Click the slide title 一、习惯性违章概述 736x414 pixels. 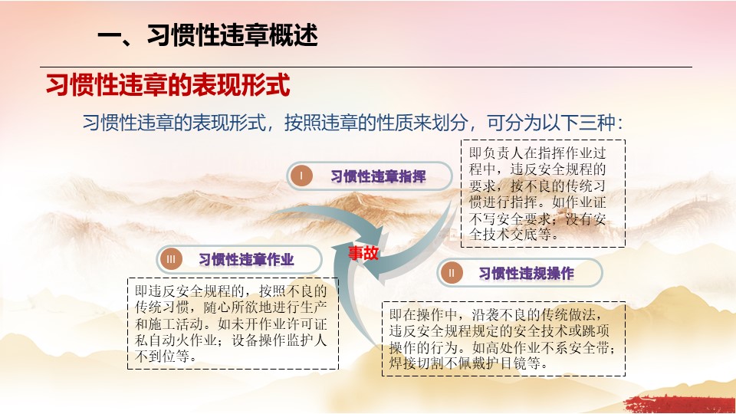tap(208, 35)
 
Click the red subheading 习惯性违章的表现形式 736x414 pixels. tap(168, 85)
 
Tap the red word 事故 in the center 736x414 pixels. tap(363, 253)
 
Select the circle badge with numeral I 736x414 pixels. tap(301, 176)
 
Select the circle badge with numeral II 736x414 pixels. tap(452, 273)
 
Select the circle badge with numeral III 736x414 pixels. tap(171, 259)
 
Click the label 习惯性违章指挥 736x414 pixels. tap(378, 176)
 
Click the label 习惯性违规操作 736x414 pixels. tap(526, 273)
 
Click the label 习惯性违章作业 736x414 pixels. tap(246, 260)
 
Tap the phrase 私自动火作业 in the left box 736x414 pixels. tap(176, 340)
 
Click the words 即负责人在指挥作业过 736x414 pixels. tap(538, 153)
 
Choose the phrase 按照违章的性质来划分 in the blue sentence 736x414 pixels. tap(376, 123)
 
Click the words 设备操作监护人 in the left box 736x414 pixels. tap(279, 340)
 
